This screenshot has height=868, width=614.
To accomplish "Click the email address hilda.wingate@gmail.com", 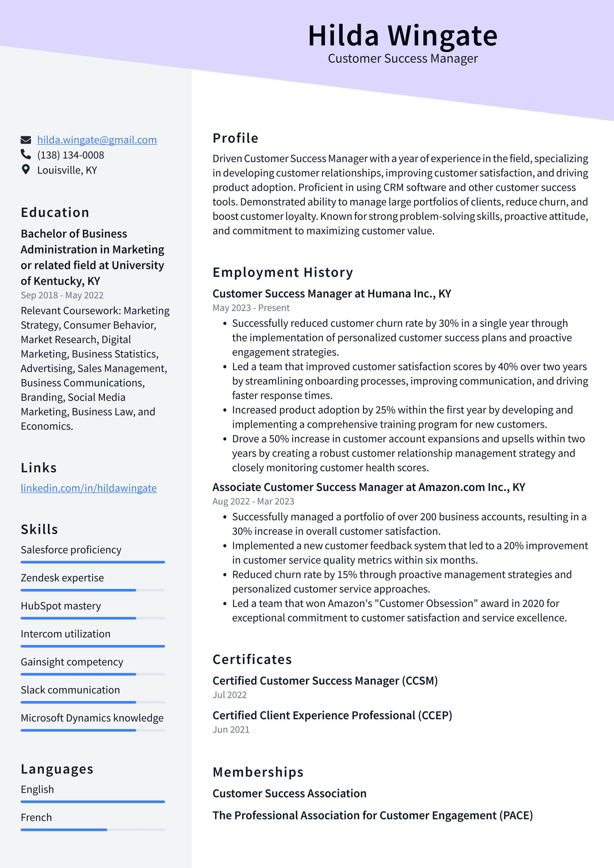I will [x=97, y=140].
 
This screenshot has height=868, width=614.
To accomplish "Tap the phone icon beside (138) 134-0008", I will [x=25, y=154].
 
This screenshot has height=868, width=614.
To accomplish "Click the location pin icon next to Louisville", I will [x=25, y=170].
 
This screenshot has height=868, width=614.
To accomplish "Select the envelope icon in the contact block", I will [x=25, y=140].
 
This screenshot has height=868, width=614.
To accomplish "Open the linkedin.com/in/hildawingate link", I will [x=89, y=488].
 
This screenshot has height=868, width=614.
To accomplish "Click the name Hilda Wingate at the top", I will [x=402, y=36].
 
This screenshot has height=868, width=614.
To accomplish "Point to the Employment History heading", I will [x=282, y=272].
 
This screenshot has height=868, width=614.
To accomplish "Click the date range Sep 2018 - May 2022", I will [x=62, y=295].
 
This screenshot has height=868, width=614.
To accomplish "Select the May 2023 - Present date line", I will [x=251, y=308].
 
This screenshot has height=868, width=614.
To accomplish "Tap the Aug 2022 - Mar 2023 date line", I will [x=253, y=501].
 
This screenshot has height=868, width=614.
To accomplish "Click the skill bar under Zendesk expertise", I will [x=93, y=590].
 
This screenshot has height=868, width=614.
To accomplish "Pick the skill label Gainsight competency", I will [x=72, y=662].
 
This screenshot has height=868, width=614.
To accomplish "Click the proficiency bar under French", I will [x=93, y=830].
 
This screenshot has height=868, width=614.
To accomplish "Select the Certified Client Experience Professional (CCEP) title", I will [x=332, y=715].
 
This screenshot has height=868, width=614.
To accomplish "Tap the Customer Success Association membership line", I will [x=289, y=793].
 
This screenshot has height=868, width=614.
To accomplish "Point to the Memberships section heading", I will [x=258, y=772].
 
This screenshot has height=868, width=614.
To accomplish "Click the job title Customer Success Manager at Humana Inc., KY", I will [x=332, y=294].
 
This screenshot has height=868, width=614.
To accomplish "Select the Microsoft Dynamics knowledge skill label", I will [x=92, y=718].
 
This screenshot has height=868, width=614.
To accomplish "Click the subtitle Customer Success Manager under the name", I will [x=402, y=59].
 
